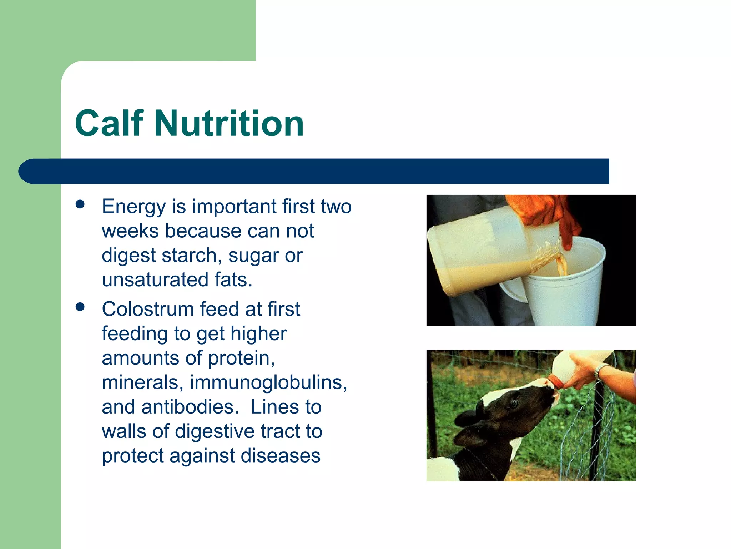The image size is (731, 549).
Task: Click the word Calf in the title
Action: [x=109, y=123]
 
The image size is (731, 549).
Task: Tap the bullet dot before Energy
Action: [x=80, y=204]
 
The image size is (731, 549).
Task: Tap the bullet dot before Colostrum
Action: [x=80, y=307]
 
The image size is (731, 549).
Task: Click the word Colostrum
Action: [x=147, y=309]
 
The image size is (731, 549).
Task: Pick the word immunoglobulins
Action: [x=268, y=382]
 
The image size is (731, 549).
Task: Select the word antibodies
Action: [x=190, y=407]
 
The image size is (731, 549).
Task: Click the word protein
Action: [x=241, y=358]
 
